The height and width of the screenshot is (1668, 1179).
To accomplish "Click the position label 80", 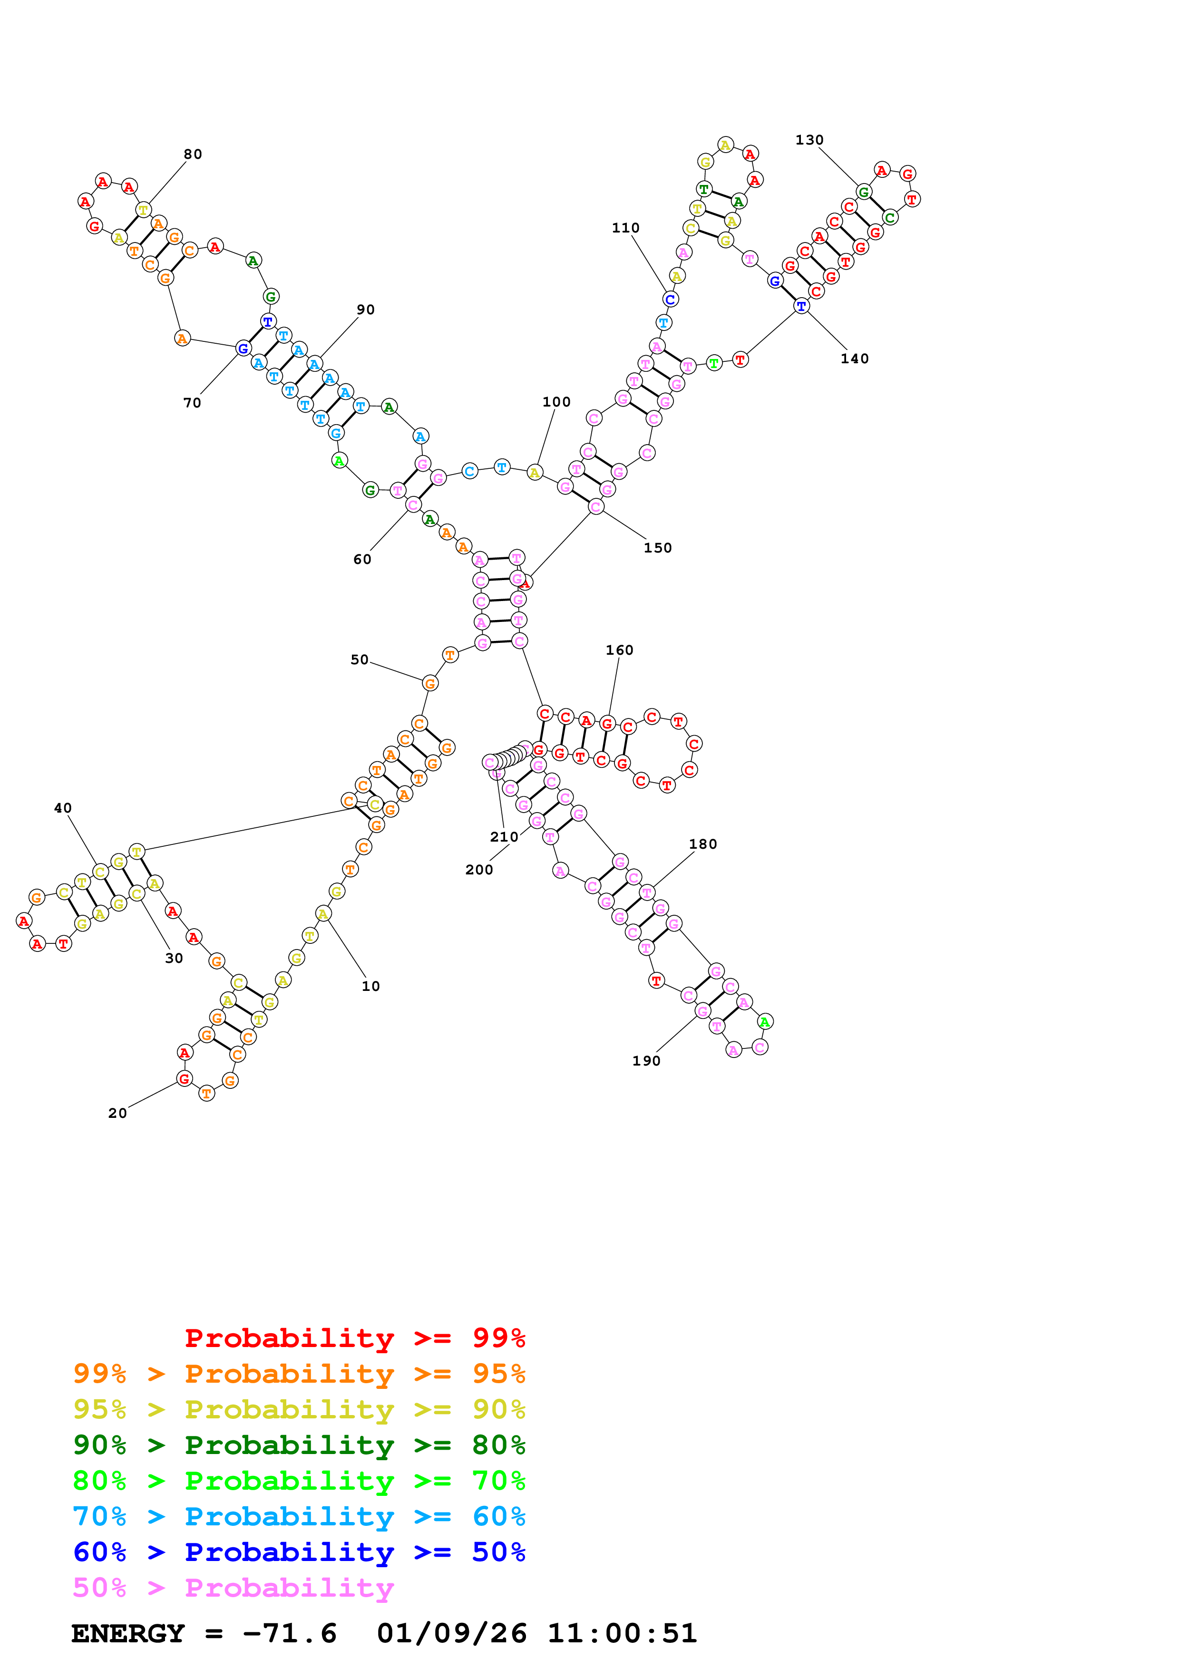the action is coord(193,154).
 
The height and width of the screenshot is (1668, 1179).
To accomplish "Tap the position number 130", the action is coord(809,140).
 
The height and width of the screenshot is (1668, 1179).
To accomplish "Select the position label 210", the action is coord(504,837).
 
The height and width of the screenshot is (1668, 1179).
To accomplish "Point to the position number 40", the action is coord(63,808).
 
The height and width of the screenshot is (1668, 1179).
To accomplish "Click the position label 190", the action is coord(646,1061).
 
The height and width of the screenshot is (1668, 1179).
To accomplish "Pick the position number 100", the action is coord(556,402).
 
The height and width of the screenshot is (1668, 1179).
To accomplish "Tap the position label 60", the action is coord(362,559).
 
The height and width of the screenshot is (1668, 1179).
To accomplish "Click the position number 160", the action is coord(620,650).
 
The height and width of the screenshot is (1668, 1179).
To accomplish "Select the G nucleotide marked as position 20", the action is coord(185,1079).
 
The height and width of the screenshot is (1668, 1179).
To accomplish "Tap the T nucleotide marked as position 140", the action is coord(801,306).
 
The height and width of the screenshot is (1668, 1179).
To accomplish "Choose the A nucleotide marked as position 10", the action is coord(323,913).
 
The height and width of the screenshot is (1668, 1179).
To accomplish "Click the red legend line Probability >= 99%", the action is coord(354,1338).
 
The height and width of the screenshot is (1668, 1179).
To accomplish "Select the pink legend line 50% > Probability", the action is coord(233,1587).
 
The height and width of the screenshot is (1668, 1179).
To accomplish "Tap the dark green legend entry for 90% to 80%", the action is coord(299,1445).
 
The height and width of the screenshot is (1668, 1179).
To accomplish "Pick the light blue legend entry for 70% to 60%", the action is coord(299,1516).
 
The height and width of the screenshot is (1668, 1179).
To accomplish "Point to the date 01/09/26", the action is coord(451,1633).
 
